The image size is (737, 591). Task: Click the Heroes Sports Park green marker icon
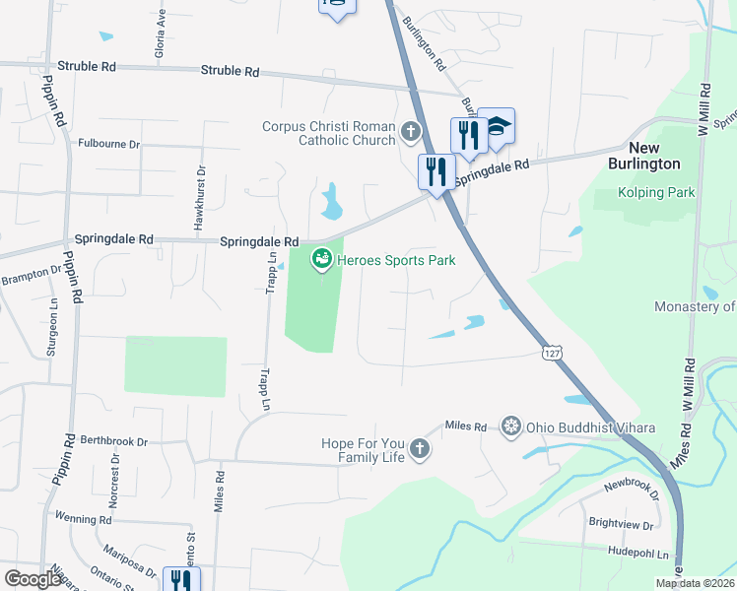[320, 261]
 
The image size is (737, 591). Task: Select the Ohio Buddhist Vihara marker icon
[510, 426]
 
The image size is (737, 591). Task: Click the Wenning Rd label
[83, 518]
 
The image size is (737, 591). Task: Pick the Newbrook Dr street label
[629, 486]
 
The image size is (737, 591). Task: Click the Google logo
[33, 578]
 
